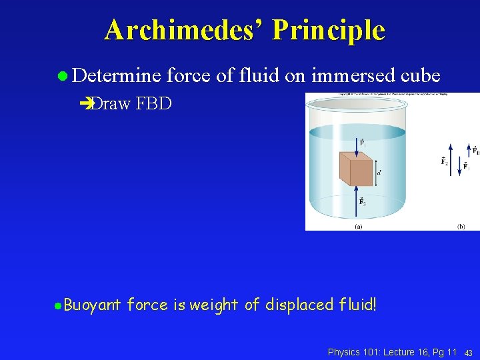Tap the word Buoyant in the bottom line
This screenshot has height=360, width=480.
pos(93,305)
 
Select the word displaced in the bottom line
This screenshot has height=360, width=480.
pos(299,305)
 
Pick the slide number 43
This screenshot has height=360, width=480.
pos(469,352)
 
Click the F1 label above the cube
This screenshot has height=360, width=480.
pos(362,143)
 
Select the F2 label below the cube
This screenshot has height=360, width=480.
pos(362,201)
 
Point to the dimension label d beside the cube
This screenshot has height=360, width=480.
pos(379,173)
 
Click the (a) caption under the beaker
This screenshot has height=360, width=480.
pos(358,226)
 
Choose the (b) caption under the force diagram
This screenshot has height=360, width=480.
pos(461,226)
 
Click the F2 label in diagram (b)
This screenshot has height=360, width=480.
pos(444,161)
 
